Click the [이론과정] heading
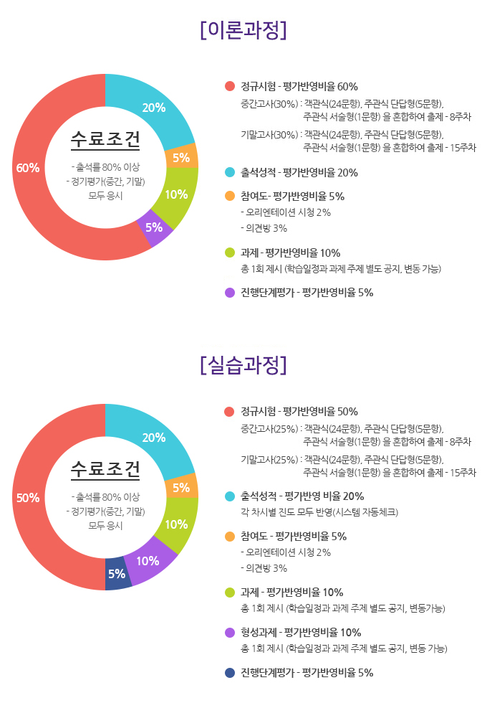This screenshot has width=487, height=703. pyautogui.click(x=243, y=30)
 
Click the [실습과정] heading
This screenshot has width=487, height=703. pyautogui.click(x=243, y=364)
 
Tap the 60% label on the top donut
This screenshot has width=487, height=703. pyautogui.click(x=28, y=168)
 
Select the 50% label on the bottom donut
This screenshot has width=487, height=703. pyautogui.click(x=28, y=498)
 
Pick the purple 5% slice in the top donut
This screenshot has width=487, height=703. pyautogui.click(x=154, y=227)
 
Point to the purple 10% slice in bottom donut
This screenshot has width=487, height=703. pyautogui.click(x=148, y=561)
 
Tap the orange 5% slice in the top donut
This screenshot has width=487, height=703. pyautogui.click(x=180, y=157)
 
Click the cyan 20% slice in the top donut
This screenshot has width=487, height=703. pyautogui.click(x=154, y=108)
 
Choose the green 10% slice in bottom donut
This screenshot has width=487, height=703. pyautogui.click(x=176, y=524)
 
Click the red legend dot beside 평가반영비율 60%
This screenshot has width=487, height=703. pyautogui.click(x=229, y=87)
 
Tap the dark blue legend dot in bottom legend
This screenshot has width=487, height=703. pyautogui.click(x=229, y=673)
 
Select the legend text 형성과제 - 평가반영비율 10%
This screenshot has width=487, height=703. pyautogui.click(x=301, y=633)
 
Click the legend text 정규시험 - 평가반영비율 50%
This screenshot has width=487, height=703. pyautogui.click(x=299, y=412)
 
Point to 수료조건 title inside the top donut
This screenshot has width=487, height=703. pyautogui.click(x=105, y=140)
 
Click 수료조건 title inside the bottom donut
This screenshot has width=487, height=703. pyautogui.click(x=105, y=470)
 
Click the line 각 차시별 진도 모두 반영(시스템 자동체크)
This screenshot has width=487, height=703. pyautogui.click(x=319, y=512)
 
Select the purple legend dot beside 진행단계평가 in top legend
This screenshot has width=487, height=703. pyautogui.click(x=229, y=293)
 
